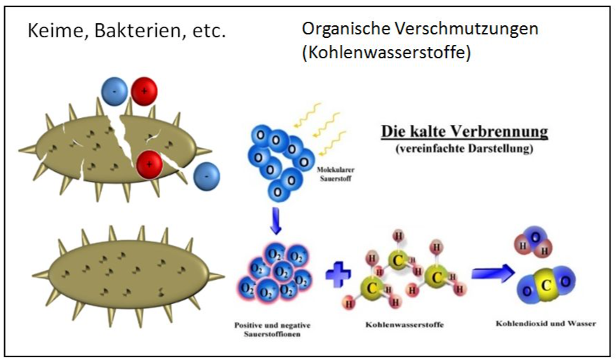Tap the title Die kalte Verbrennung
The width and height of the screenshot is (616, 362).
coord(464,131)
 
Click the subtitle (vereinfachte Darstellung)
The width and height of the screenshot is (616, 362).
coord(464,147)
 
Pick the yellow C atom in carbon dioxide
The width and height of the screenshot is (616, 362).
coord(543,285)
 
